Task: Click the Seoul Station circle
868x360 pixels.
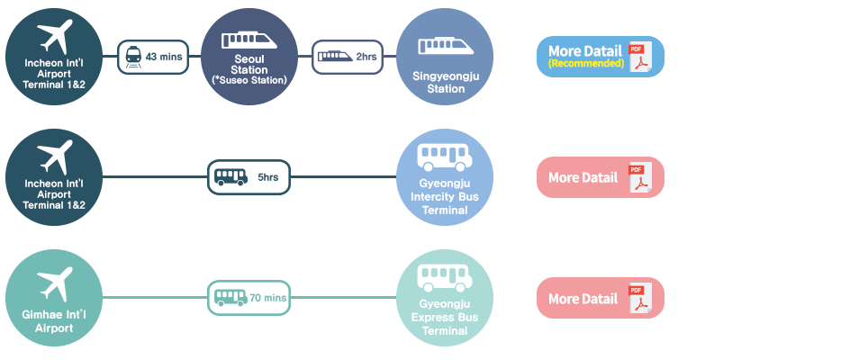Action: coord(249,57)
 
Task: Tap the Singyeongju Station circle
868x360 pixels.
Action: coord(445,57)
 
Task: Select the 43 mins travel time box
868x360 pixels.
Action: coord(152,57)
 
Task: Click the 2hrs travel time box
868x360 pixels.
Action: coord(348,57)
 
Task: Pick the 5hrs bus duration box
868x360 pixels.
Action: coord(249,177)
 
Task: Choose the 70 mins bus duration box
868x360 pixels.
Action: coord(249,297)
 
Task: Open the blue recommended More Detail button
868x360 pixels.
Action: coord(600,57)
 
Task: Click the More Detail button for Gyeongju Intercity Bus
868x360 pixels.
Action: coord(600,177)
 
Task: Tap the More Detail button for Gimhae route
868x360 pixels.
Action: coord(600,297)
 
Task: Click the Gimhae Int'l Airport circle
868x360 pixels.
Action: coord(54,297)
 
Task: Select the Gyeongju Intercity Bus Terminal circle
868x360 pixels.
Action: coord(445,177)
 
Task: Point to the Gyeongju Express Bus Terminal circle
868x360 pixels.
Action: coord(445,297)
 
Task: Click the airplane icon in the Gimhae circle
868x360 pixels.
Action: coord(55,282)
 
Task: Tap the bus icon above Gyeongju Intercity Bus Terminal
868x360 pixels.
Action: coord(445,158)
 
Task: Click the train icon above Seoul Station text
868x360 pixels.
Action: coord(249,39)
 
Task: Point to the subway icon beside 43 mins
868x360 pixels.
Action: coord(133,57)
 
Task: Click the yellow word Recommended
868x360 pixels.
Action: coord(586,64)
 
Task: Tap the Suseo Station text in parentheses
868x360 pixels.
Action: coord(249,80)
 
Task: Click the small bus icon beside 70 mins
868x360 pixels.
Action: coord(230,297)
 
